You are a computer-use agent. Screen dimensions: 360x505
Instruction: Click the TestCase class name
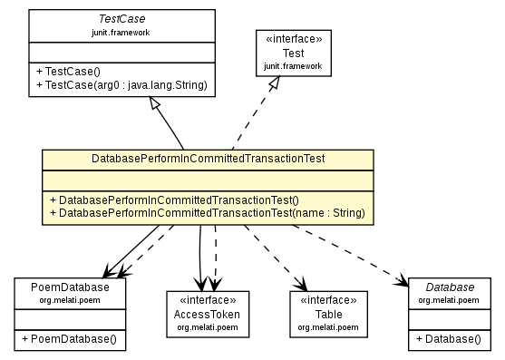pyautogui.click(x=122, y=19)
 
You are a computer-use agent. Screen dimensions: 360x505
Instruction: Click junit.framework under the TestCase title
pyautogui.click(x=122, y=32)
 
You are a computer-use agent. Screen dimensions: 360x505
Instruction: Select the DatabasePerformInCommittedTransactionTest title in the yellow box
pyautogui.click(x=208, y=159)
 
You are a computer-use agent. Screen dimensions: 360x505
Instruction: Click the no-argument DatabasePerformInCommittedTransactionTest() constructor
pyautogui.click(x=174, y=199)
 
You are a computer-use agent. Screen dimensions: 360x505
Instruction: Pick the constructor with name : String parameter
pyautogui.click(x=207, y=213)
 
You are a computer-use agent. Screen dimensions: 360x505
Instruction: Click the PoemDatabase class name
pyautogui.click(x=70, y=287)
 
